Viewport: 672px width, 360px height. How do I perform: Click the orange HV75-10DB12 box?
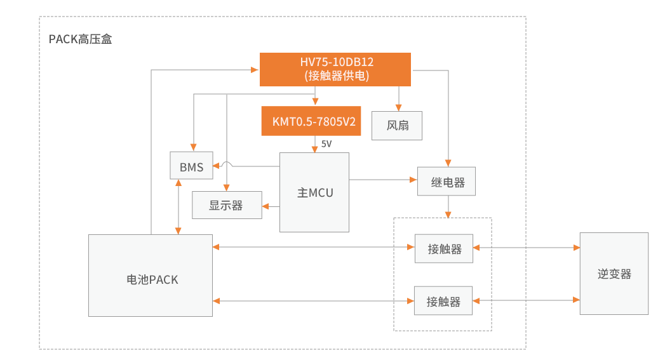tap(335, 69)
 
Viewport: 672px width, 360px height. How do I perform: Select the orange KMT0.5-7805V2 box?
tap(311, 121)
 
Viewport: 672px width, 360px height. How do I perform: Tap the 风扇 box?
tap(398, 125)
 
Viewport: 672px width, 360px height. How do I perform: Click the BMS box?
tap(191, 166)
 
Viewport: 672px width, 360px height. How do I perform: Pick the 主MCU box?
tap(314, 192)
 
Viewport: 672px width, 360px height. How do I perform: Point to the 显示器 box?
tap(227, 205)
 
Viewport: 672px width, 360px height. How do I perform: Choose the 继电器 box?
tap(447, 182)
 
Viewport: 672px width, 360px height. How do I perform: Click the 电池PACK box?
tap(151, 276)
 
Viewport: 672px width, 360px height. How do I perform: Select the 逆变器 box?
tap(614, 274)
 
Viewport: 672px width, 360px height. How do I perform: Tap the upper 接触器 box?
tap(444, 248)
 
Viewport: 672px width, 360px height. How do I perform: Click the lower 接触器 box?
tap(444, 301)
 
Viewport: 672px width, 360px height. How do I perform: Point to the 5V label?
tap(326, 144)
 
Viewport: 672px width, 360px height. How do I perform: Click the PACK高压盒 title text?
tap(81, 39)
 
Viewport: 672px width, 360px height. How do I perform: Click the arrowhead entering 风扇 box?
tap(398, 107)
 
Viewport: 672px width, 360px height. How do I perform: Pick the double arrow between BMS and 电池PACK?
tap(179, 206)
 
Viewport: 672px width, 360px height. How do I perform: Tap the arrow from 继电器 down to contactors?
tap(448, 207)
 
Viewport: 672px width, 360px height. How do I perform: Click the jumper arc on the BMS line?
tap(227, 164)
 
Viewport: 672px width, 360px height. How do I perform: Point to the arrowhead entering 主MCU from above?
tap(314, 149)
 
